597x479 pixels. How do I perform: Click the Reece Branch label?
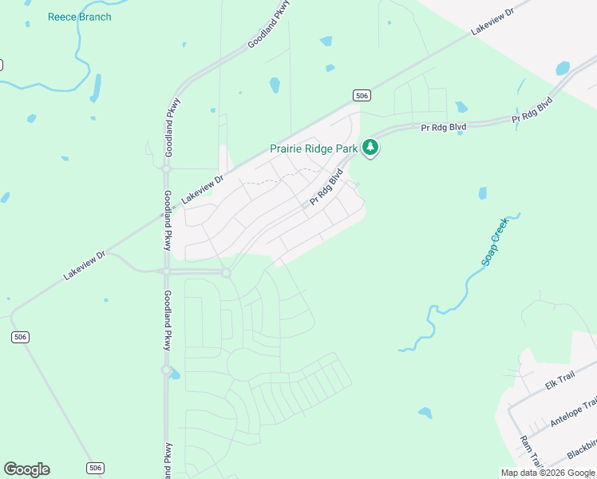click(x=79, y=17)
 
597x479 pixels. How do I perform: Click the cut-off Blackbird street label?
click(x=582, y=449)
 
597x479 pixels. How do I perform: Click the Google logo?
click(x=26, y=469)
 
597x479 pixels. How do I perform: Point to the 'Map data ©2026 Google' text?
click(x=547, y=473)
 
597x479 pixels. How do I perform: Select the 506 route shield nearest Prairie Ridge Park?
click(x=362, y=96)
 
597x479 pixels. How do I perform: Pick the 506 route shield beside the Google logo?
click(x=94, y=468)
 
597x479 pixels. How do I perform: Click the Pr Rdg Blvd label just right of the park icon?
click(x=444, y=127)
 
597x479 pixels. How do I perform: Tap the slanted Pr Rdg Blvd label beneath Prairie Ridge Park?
click(x=326, y=189)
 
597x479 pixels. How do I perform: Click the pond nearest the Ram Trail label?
click(x=425, y=413)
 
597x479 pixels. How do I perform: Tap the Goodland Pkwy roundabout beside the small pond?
click(x=166, y=370)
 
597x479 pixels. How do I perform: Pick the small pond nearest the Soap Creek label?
click(x=482, y=193)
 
